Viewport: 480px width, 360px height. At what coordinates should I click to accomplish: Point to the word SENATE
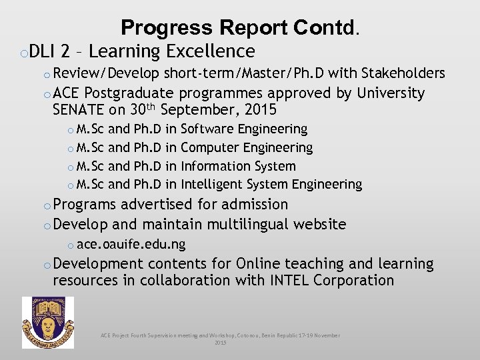(x=79, y=109)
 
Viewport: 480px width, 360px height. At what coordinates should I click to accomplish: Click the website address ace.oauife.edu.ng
(x=131, y=244)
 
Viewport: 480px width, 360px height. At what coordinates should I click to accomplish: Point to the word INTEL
(x=290, y=281)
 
